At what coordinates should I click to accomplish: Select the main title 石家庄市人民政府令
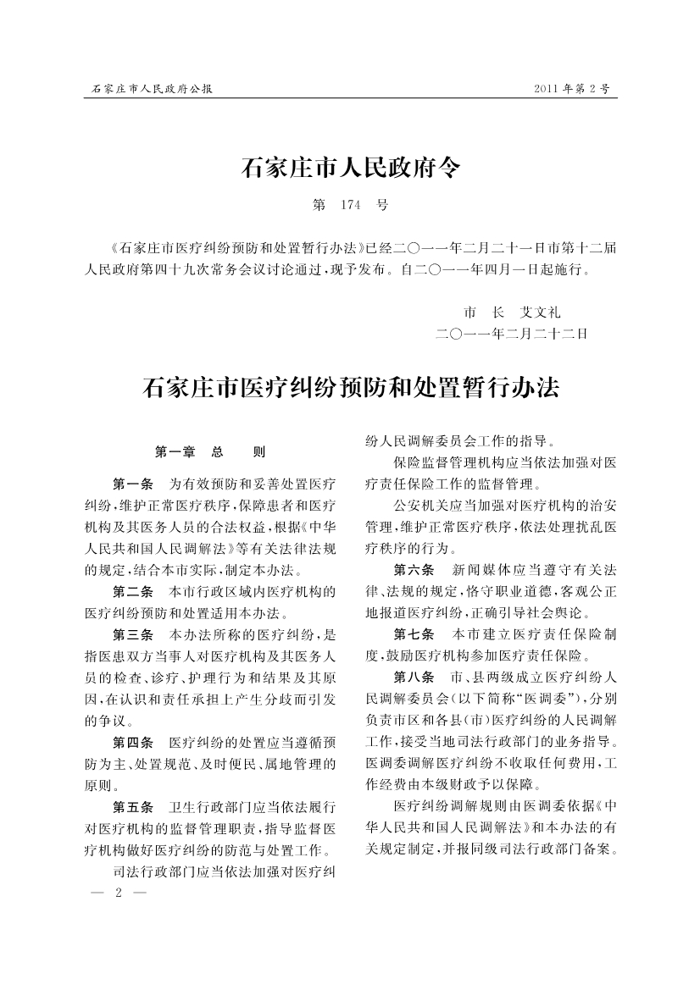351,168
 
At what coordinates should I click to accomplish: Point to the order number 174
351,205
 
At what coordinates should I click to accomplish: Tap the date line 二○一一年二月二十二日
511,334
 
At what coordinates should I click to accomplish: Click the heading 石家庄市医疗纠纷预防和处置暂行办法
351,390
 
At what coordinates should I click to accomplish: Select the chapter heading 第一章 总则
211,451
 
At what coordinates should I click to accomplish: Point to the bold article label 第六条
414,569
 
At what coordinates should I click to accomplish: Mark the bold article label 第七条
414,633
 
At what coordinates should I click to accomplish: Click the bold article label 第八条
414,677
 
